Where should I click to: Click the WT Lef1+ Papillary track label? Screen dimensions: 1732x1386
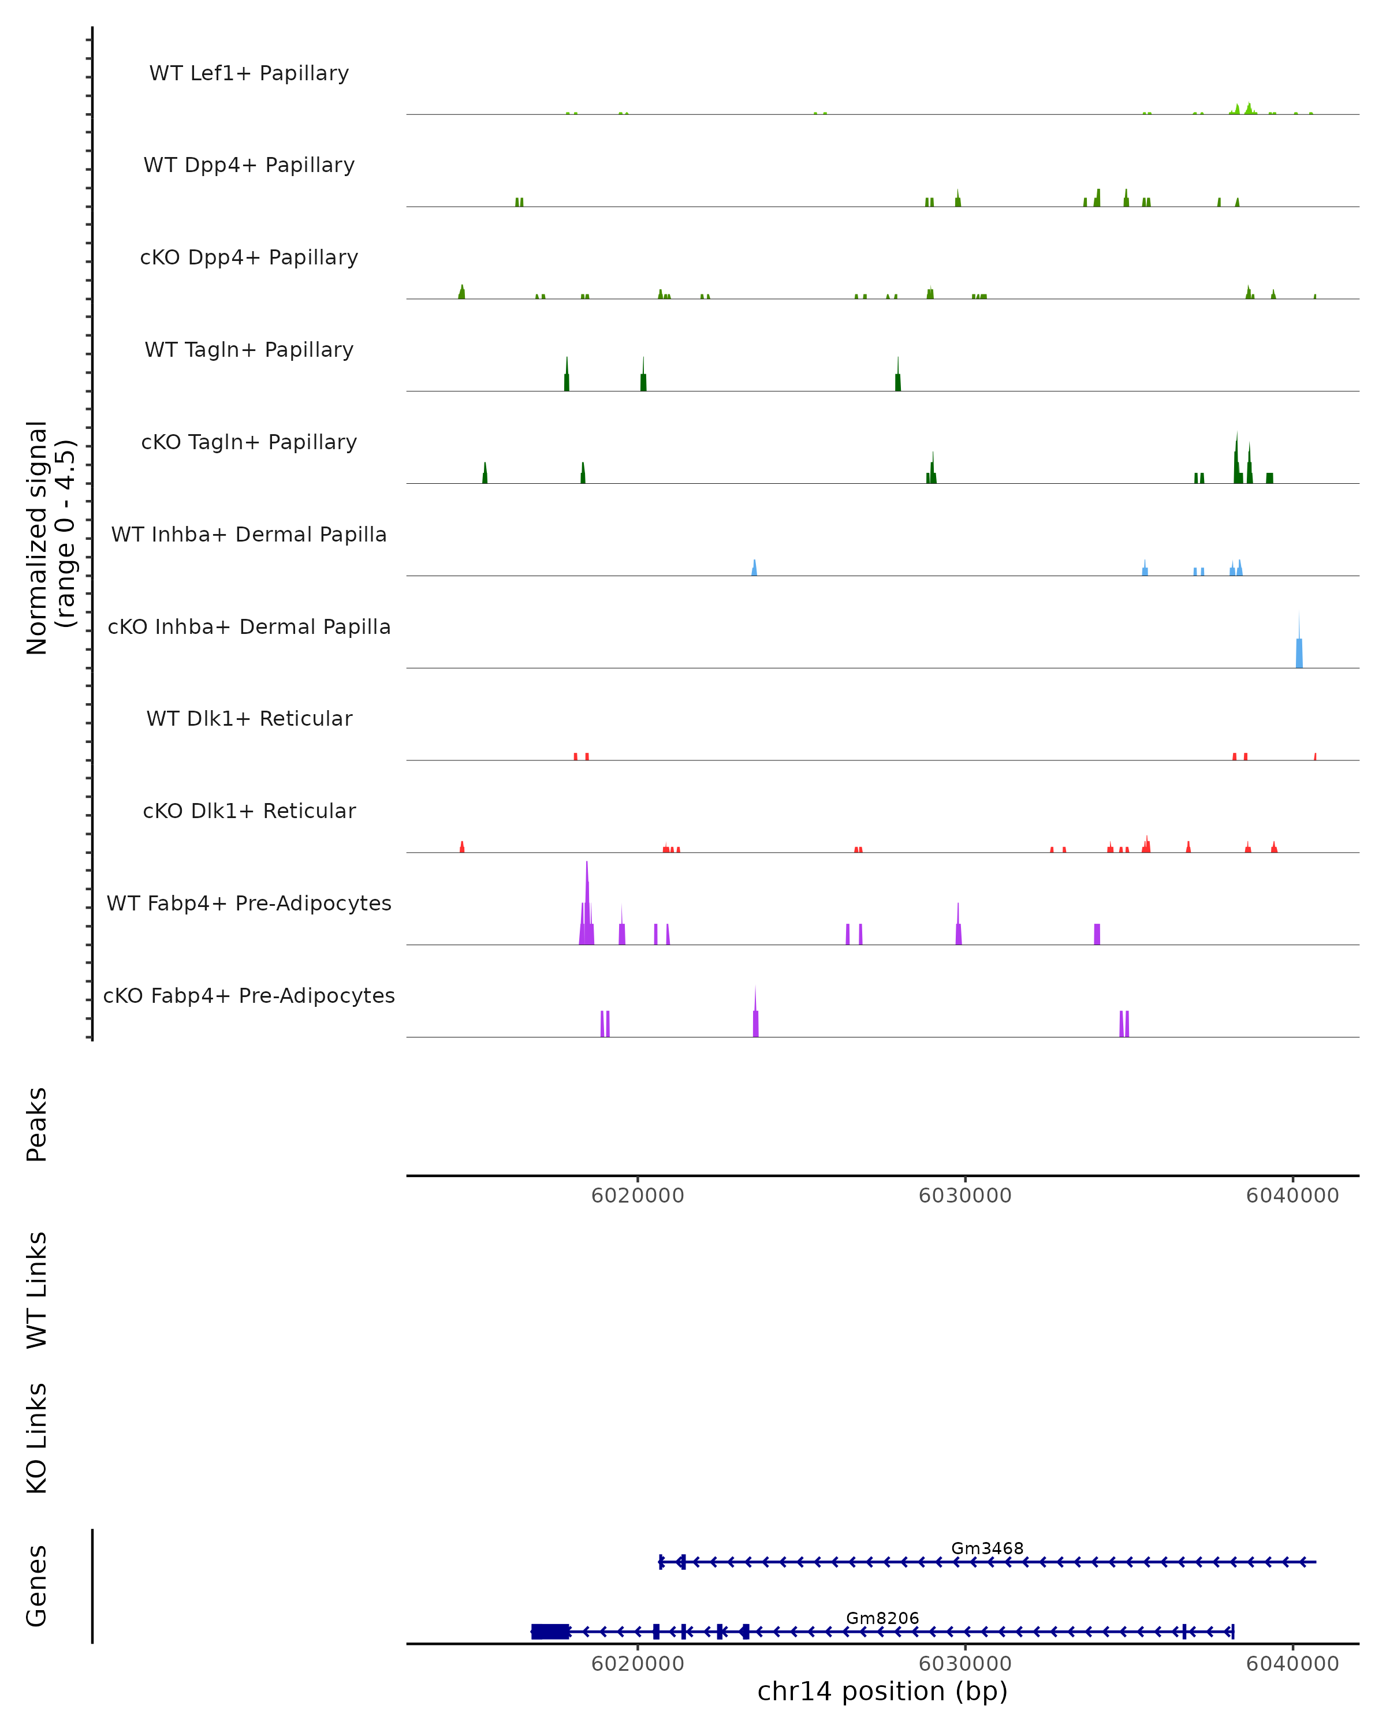pos(249,73)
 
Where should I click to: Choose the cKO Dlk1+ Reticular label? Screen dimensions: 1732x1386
pos(249,811)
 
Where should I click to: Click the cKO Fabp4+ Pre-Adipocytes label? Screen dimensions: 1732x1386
pos(249,995)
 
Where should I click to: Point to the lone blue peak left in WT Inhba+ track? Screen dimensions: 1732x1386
pos(754,568)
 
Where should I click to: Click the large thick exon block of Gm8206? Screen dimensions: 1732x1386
pos(550,1632)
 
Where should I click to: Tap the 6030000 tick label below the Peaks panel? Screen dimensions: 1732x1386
pos(965,1196)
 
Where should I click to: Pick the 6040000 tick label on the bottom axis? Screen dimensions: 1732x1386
pos(1293,1664)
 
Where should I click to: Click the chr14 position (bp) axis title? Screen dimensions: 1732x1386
pos(882,1692)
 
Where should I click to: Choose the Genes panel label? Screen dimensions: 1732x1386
pos(37,1586)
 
